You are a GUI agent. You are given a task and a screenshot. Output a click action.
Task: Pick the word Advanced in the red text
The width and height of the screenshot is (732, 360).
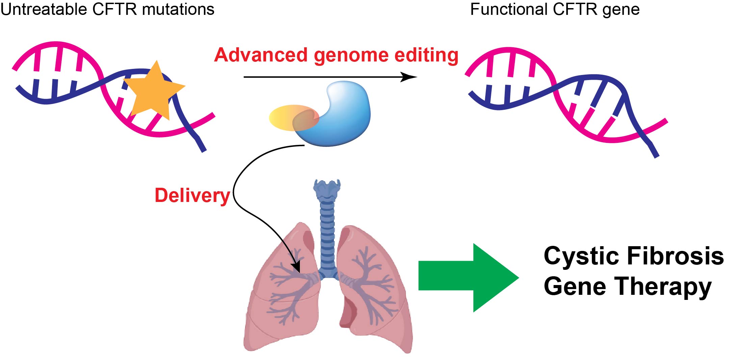pos(261,55)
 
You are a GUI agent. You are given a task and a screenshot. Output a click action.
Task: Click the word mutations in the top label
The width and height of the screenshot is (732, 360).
pos(178,9)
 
